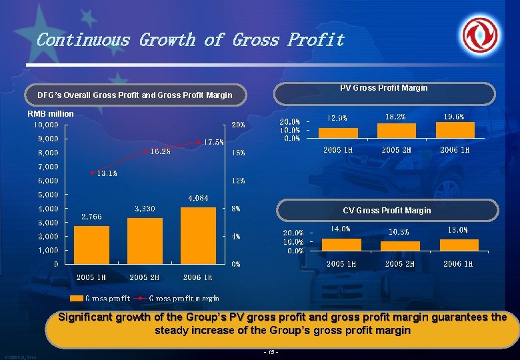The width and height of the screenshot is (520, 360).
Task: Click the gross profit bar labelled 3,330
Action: (145, 241)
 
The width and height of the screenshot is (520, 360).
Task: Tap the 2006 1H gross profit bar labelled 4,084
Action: (199, 235)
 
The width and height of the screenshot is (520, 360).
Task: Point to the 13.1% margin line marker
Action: (93, 172)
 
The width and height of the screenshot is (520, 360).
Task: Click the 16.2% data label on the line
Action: (160, 151)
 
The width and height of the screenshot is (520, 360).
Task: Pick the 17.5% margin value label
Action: (214, 142)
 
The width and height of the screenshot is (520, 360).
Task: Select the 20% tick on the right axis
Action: (238, 125)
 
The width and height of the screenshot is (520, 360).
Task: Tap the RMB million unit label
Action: (51, 114)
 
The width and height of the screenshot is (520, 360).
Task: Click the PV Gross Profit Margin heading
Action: (383, 88)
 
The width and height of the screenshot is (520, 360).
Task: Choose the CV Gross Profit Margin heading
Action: (387, 211)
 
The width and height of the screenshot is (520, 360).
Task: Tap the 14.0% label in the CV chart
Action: (341, 229)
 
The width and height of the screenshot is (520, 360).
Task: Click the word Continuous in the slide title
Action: (83, 40)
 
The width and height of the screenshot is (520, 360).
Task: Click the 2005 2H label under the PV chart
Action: (396, 150)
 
